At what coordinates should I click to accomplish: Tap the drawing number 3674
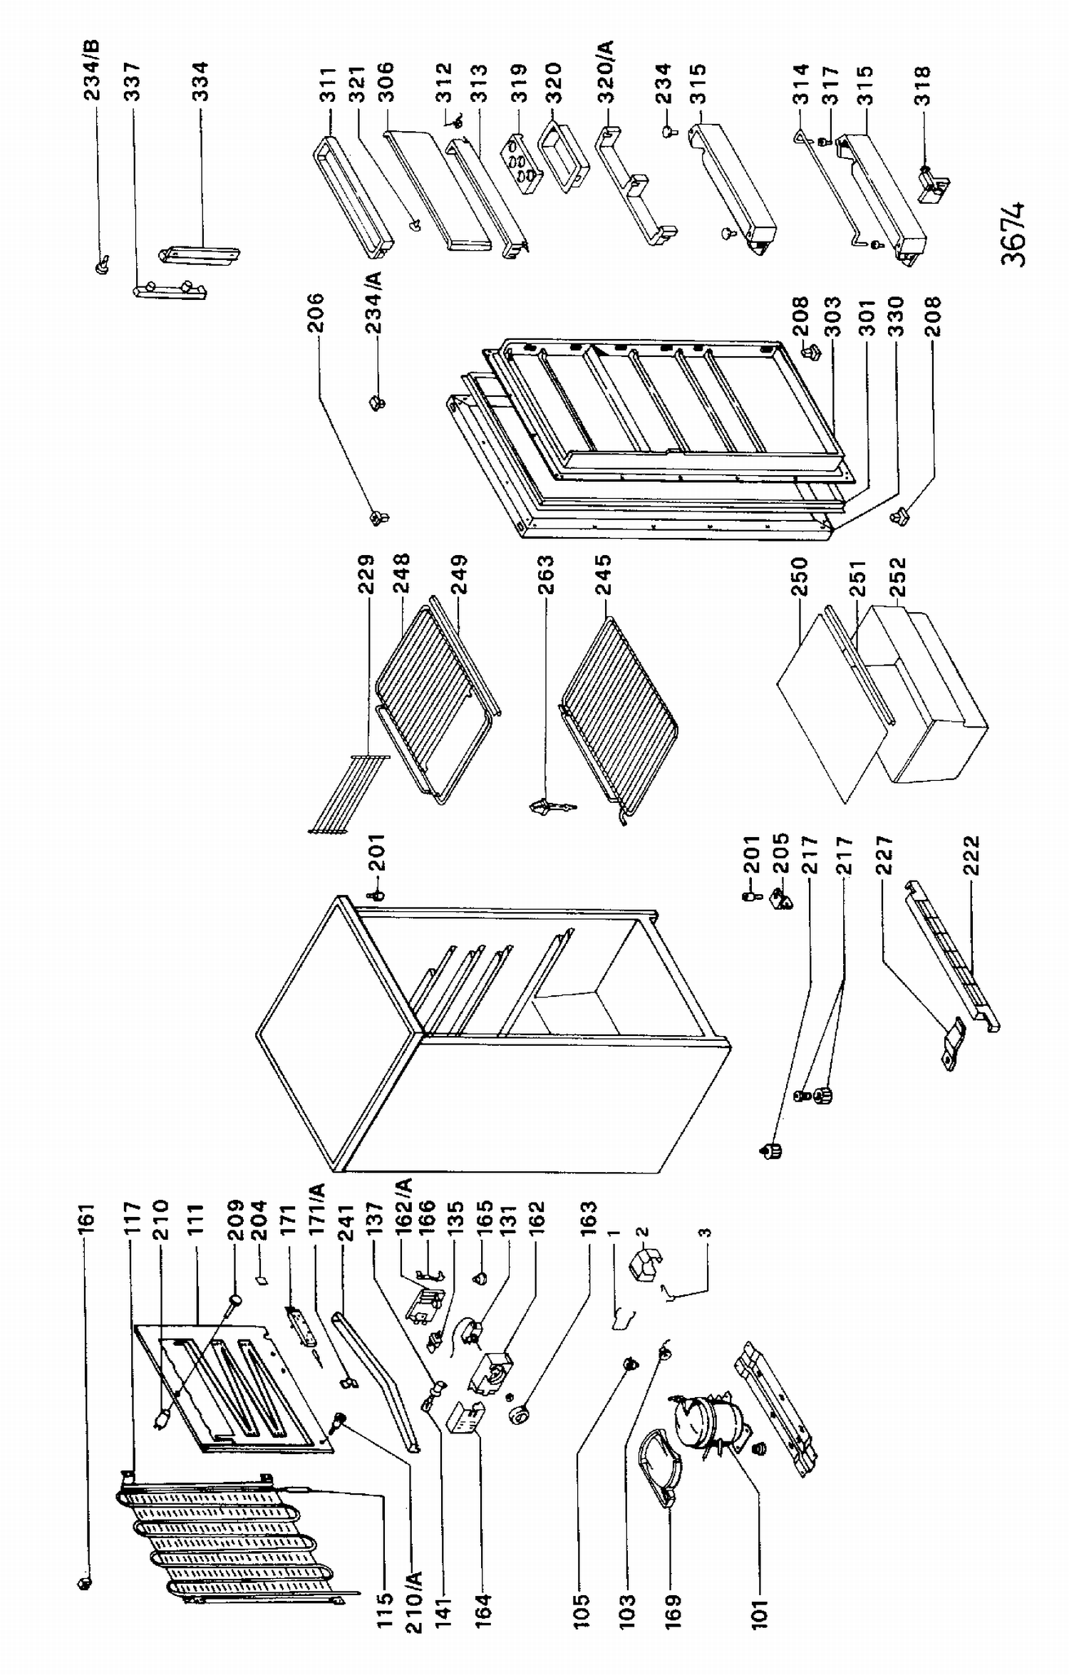pyautogui.click(x=1013, y=234)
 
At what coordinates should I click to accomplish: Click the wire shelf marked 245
pyautogui.click(x=619, y=720)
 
